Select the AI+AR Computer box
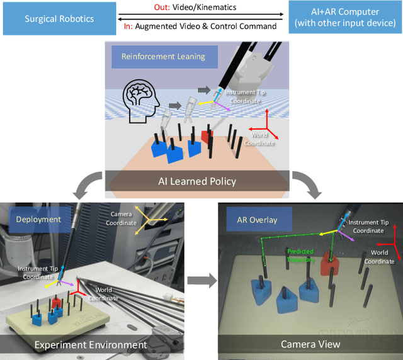click(343, 18)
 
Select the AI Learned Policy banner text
click(197, 181)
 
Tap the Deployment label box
click(39, 219)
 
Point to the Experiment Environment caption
click(90, 345)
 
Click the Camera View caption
click(310, 344)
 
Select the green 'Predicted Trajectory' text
click(300, 255)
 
